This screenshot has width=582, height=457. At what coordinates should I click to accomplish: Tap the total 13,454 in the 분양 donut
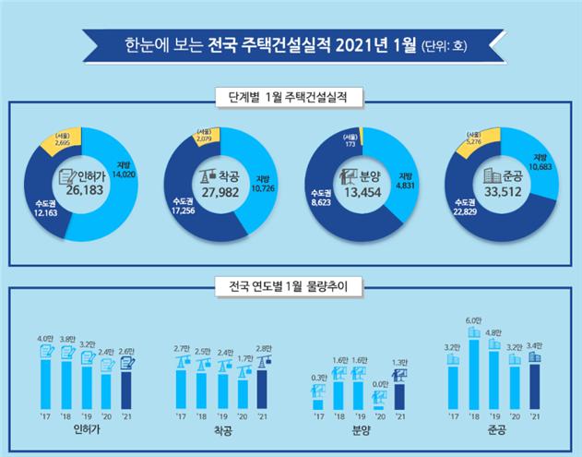(x=366, y=192)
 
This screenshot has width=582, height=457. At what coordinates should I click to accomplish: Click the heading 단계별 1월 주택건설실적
(x=291, y=97)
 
